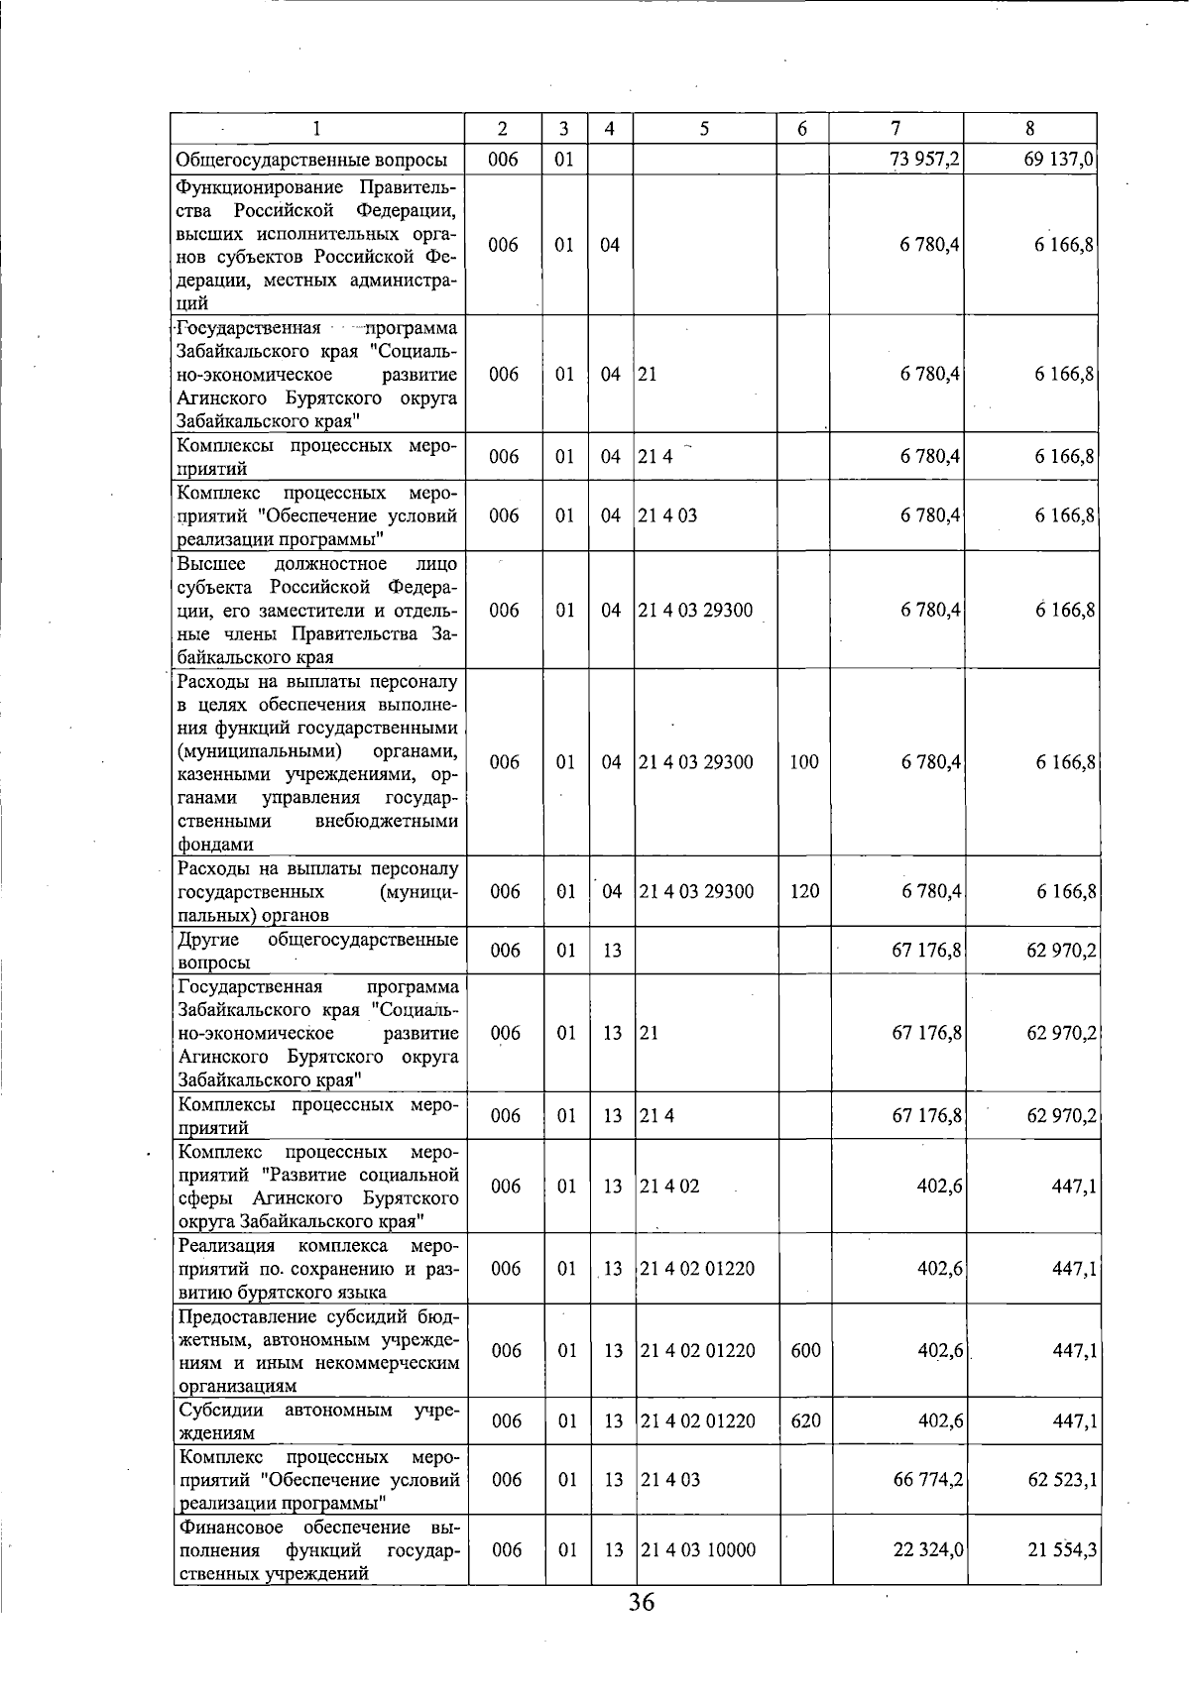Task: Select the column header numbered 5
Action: pos(704,129)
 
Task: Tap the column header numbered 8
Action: pos(1030,129)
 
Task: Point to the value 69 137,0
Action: pos(1058,160)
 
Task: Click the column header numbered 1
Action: pos(317,129)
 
